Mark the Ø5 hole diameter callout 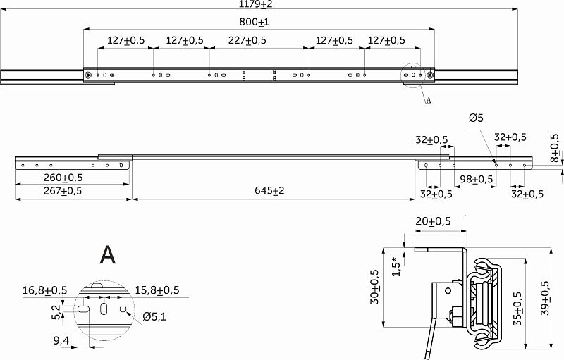[477, 118]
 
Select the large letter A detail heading [107, 255]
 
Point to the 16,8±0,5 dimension [45, 290]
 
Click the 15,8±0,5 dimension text [157, 290]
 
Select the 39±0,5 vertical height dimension [544, 295]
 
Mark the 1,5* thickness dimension [396, 266]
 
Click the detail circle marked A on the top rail [415, 75]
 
